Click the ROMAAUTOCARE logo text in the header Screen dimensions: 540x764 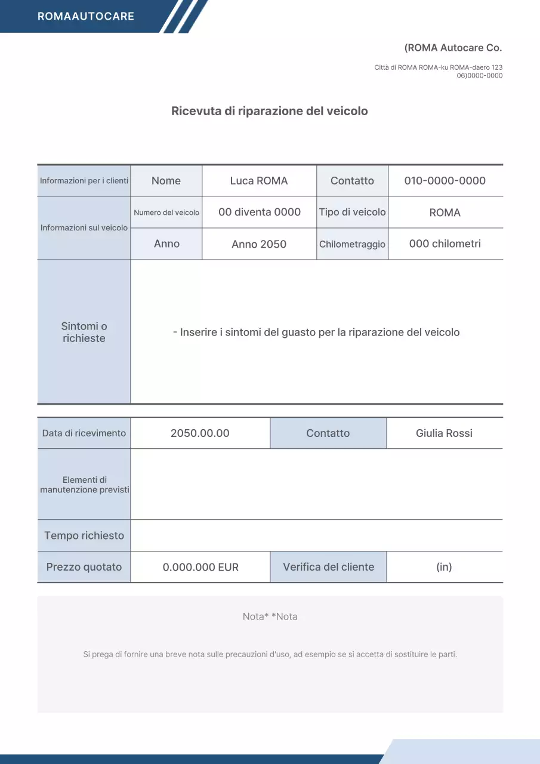(x=86, y=16)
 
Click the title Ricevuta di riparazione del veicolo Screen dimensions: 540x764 (x=270, y=111)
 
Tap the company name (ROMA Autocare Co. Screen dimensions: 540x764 (x=453, y=48)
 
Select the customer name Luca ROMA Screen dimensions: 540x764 (x=259, y=181)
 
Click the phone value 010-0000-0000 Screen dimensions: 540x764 (x=445, y=181)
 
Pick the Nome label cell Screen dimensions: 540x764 (x=166, y=181)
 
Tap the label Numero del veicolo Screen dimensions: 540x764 (x=166, y=212)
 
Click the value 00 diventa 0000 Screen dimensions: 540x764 (x=260, y=212)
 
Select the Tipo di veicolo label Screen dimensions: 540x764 (x=352, y=212)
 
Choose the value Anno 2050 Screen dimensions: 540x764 (x=259, y=244)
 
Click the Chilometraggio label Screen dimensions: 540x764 (x=352, y=244)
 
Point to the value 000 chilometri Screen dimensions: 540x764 (x=445, y=244)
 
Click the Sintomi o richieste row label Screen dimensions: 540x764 (x=84, y=332)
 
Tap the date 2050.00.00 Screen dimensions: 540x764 (x=200, y=433)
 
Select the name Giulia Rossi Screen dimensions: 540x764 (x=444, y=433)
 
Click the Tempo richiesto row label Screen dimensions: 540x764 (x=84, y=535)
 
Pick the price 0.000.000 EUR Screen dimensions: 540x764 (x=200, y=567)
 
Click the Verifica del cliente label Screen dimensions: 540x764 (x=328, y=567)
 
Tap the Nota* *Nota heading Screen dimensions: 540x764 (x=270, y=617)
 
